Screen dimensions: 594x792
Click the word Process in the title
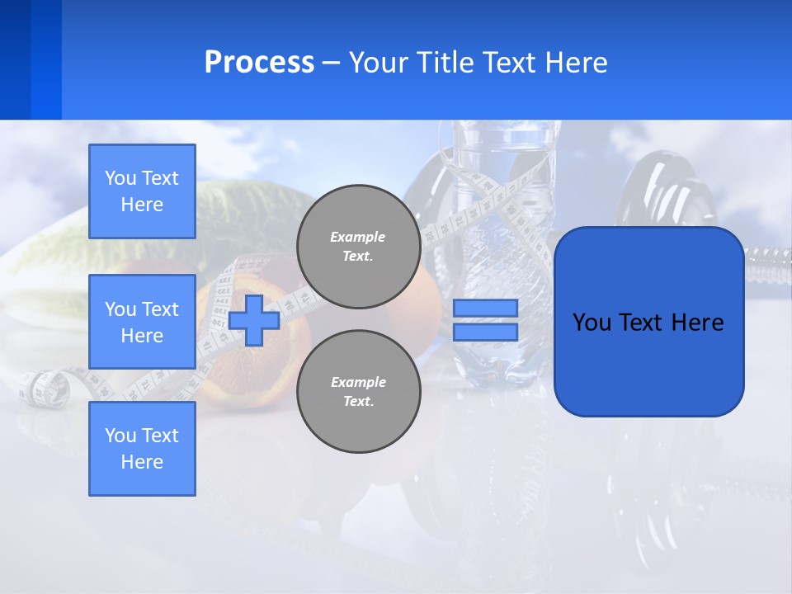click(259, 63)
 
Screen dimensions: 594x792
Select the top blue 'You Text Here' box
click(142, 191)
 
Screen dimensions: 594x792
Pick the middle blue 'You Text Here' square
click(142, 322)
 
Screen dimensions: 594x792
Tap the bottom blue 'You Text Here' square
click(142, 449)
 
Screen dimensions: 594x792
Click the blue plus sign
click(254, 320)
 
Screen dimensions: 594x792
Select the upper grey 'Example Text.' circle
click(358, 247)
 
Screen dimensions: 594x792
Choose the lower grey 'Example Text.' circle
click(358, 392)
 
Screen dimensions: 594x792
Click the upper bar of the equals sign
click(485, 309)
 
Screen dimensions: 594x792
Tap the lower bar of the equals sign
click(485, 332)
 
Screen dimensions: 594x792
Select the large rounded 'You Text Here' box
click(648, 321)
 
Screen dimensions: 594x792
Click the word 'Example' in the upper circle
click(358, 237)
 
